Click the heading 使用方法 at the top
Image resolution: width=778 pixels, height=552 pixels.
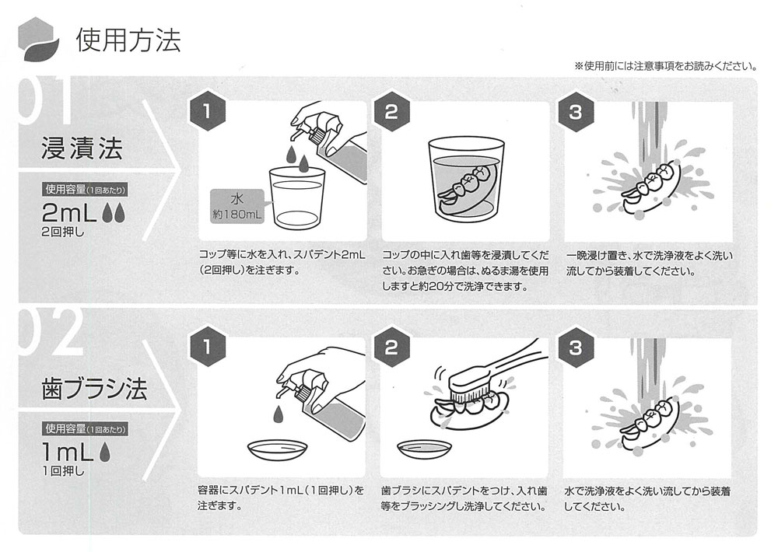point(128,40)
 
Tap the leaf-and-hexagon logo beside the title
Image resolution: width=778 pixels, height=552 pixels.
point(38,39)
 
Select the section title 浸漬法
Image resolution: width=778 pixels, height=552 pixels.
point(82,148)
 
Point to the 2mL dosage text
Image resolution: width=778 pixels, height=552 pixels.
point(69,213)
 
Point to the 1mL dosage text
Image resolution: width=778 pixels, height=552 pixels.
point(68,452)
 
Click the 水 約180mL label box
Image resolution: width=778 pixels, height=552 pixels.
point(237,206)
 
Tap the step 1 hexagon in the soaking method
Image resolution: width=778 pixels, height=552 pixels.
point(208,111)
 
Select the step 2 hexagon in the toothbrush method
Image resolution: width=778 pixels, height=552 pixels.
point(391,348)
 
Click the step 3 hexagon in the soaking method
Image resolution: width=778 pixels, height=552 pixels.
point(576,112)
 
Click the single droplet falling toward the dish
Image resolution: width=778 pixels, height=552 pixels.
point(279,413)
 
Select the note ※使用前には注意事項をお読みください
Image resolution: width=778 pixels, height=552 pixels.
point(666,66)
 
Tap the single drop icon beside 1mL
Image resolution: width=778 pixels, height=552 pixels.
point(105,452)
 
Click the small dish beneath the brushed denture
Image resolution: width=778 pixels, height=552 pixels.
point(425,449)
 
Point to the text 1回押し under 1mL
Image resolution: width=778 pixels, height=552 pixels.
point(63,470)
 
